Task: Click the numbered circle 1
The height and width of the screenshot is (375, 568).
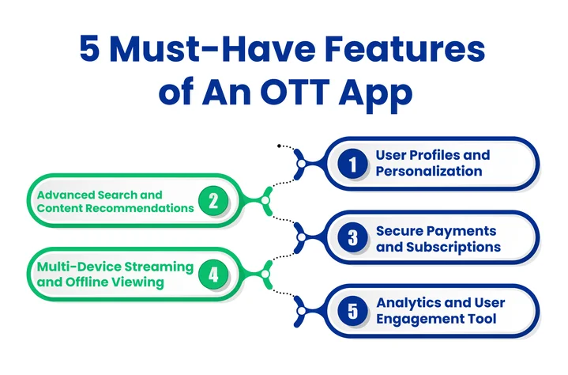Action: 352,163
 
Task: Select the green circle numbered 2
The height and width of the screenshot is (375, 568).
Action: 213,201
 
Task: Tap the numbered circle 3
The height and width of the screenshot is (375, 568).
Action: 352,238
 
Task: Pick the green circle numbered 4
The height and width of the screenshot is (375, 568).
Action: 213,275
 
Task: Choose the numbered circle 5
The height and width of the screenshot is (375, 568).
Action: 352,311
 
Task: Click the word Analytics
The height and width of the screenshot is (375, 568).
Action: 410,303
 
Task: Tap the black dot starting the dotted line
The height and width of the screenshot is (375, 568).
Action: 280,146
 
